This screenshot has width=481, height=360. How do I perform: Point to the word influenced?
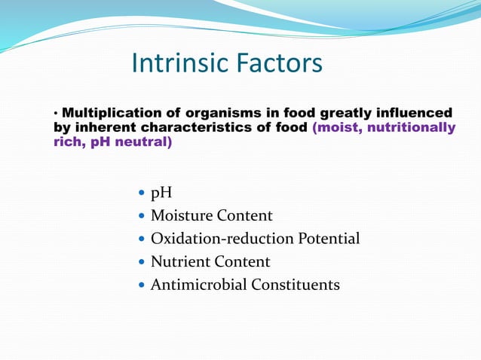tap(412, 113)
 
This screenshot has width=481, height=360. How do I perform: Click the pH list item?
tap(161, 194)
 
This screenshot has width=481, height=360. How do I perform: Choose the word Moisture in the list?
tap(182, 216)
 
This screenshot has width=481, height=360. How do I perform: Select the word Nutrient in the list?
tap(179, 262)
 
